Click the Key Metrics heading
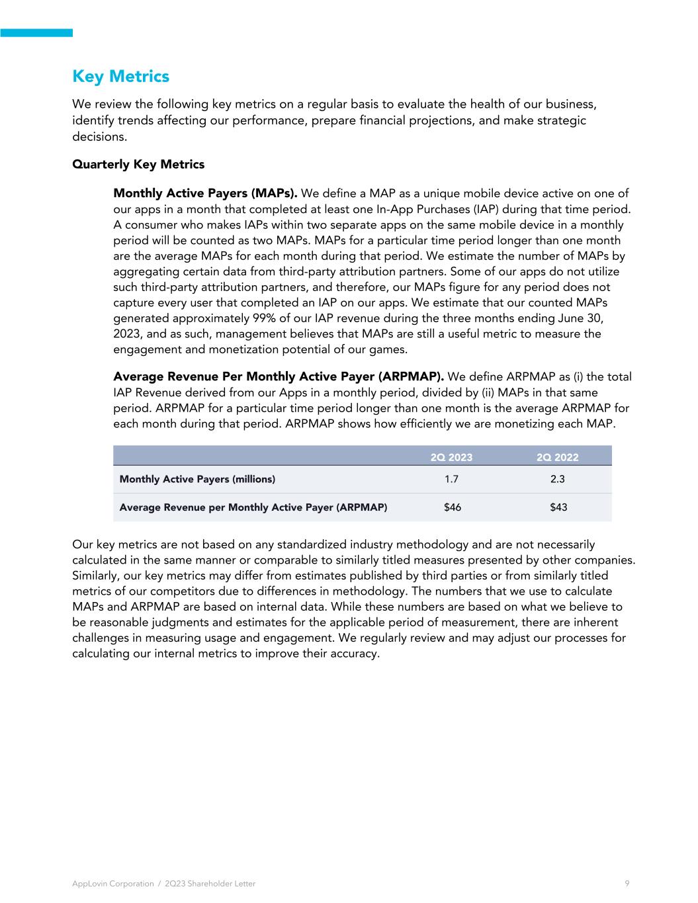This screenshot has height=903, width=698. [x=120, y=77]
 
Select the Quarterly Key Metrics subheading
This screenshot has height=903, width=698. [x=138, y=164]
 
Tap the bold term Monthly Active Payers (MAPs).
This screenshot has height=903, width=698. [x=205, y=194]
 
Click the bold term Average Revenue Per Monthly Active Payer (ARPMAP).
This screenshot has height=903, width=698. [x=278, y=377]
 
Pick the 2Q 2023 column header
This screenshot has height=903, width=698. [x=451, y=457]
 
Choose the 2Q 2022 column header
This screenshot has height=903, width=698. [x=558, y=457]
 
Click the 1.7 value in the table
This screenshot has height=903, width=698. [x=451, y=479]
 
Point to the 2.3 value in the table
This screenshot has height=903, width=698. [x=558, y=479]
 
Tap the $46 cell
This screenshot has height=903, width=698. [x=452, y=507]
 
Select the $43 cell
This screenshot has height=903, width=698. [x=558, y=507]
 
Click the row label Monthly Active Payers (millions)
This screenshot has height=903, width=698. [x=197, y=479]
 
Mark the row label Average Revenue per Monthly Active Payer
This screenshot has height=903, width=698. [x=253, y=507]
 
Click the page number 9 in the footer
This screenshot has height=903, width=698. [x=627, y=883]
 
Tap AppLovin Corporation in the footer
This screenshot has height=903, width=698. [x=112, y=884]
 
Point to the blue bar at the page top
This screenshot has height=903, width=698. [x=36, y=32]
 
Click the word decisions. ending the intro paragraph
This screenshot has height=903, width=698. [x=99, y=136]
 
